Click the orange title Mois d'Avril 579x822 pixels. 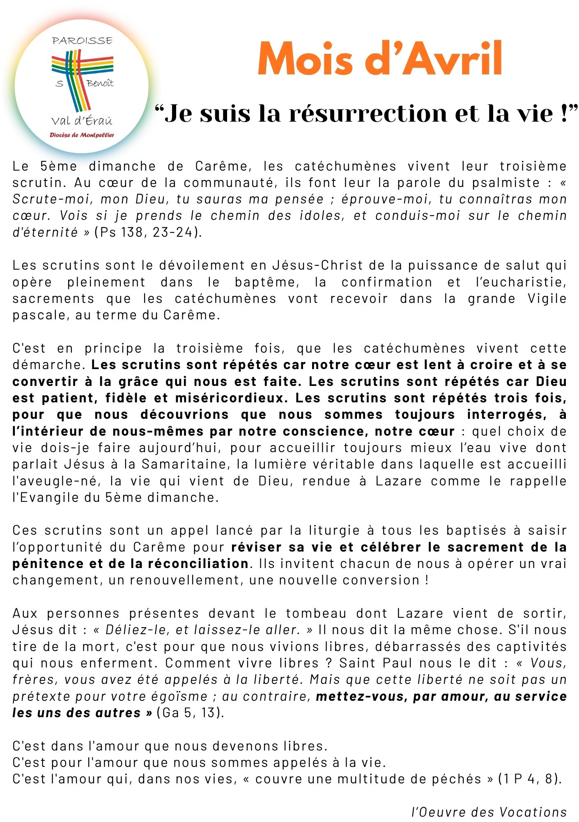click(380, 58)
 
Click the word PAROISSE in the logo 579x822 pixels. click(82, 40)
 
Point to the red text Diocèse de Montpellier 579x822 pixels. click(82, 135)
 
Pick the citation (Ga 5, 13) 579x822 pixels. click(190, 712)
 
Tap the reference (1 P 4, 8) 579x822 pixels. click(529, 778)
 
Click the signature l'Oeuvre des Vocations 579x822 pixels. click(489, 812)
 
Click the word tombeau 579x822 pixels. click(316, 613)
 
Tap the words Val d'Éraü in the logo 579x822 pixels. click(82, 121)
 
